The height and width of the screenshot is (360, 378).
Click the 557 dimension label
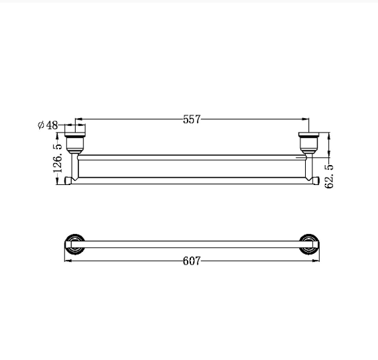pos(192,119)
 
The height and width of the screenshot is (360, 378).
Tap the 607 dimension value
pos(192,261)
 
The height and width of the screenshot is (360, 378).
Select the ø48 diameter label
pos(48,125)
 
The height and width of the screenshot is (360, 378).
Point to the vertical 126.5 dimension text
pos(58,158)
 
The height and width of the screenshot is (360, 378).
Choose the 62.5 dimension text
pos(330,176)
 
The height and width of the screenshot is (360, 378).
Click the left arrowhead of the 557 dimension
pos(79,119)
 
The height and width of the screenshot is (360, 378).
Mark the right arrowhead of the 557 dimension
pos(306,119)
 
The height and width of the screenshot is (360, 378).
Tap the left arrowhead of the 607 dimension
pos(68,261)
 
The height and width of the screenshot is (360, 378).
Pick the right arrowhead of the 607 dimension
pos(316,261)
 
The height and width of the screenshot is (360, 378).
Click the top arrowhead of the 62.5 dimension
pos(329,136)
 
